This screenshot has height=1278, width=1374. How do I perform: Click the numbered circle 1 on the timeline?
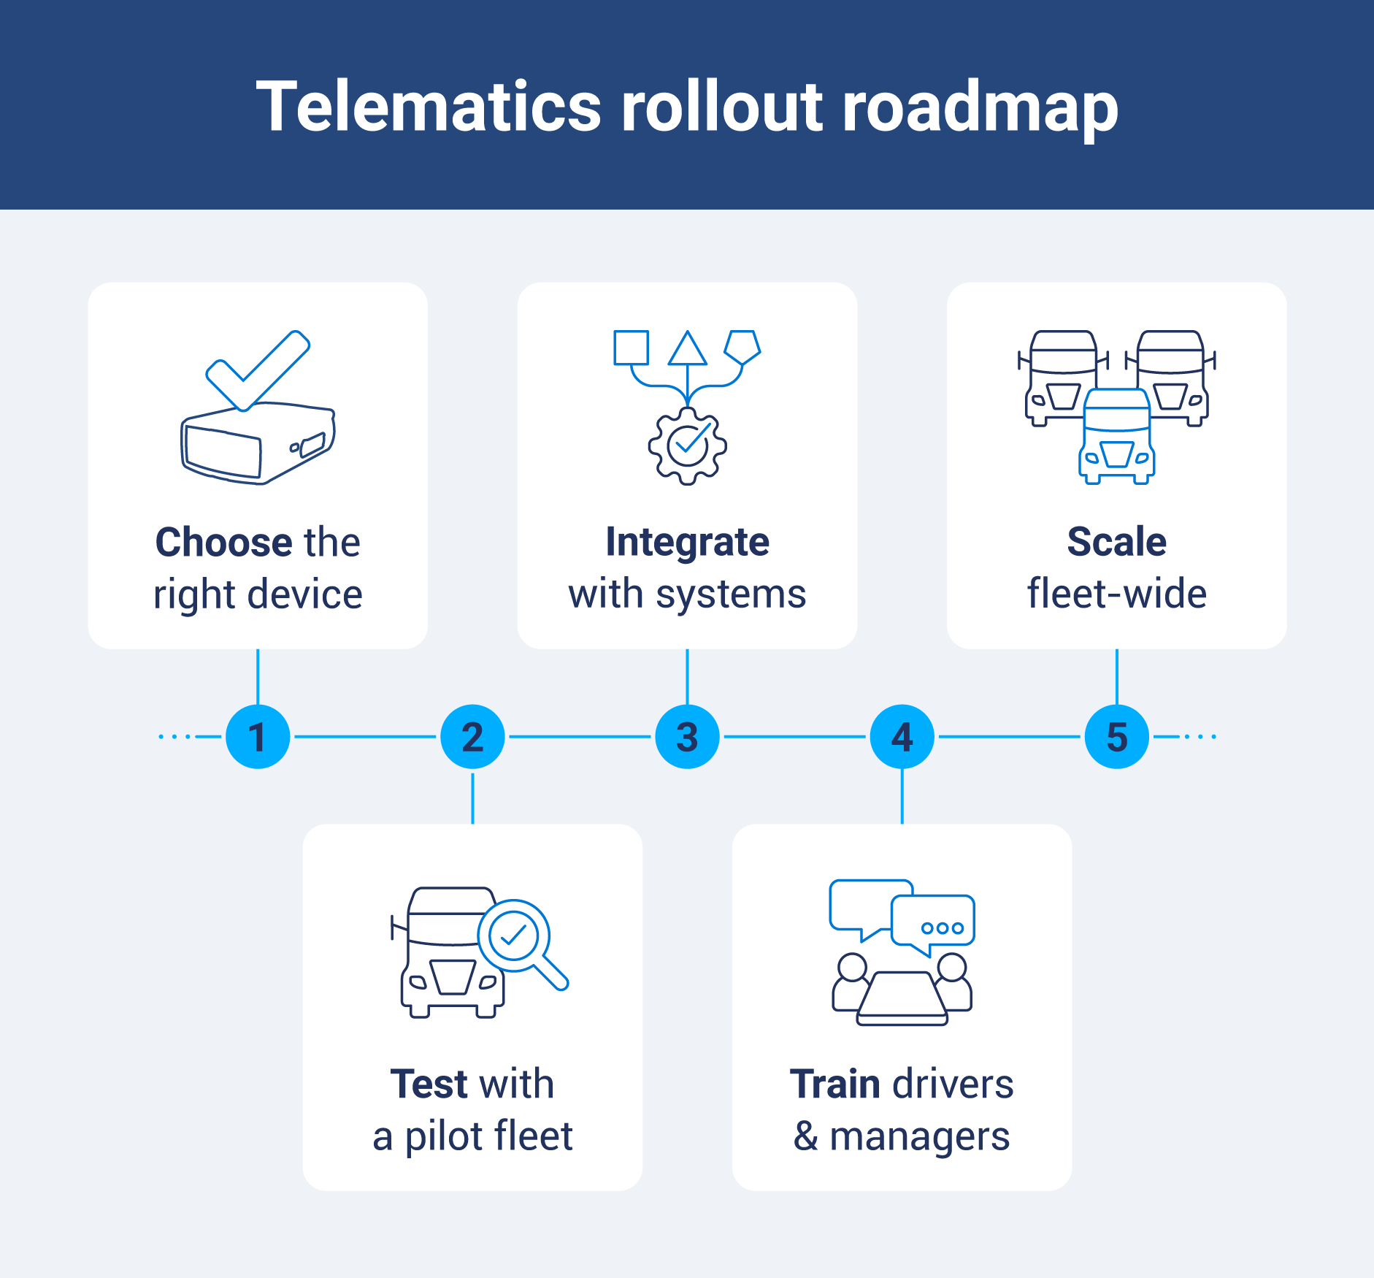click(258, 736)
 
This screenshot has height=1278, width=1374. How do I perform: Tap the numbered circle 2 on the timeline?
click(472, 736)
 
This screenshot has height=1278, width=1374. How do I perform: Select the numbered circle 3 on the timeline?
click(687, 736)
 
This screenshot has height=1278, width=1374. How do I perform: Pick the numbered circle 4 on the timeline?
click(902, 736)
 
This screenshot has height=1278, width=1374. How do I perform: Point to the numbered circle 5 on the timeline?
click(1116, 736)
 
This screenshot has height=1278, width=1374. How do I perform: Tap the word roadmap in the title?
click(980, 107)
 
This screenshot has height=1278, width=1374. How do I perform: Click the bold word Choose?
click(223, 543)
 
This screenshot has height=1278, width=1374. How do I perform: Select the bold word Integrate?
click(687, 543)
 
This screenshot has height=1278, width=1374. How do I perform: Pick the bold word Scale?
click(1116, 543)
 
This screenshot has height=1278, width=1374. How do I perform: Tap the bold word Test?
click(429, 1084)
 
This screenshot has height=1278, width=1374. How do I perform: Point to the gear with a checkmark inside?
click(687, 446)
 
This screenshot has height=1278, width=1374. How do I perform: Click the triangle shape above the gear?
click(687, 350)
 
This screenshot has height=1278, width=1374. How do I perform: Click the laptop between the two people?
click(902, 998)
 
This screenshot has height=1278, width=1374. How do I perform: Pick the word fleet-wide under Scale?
click(1116, 594)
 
